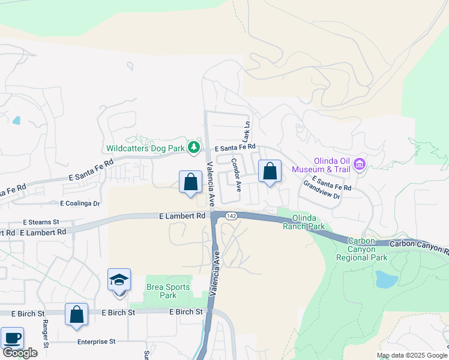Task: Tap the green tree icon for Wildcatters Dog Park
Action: tap(193, 147)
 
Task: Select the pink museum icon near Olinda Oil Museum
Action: tap(360, 164)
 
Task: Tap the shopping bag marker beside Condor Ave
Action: tap(270, 172)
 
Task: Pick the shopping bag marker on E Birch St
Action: tap(77, 315)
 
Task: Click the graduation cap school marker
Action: tap(119, 280)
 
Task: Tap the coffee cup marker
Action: tap(12, 339)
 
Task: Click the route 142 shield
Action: tap(231, 215)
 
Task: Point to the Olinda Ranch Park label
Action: tap(308, 222)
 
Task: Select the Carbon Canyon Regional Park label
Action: tap(367, 250)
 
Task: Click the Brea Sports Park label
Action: tap(161, 291)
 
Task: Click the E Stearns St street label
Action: tap(41, 221)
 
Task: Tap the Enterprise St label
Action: tap(96, 341)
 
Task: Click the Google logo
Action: tap(19, 353)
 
